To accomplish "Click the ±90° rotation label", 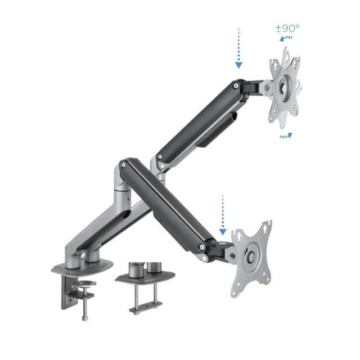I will click(x=287, y=28).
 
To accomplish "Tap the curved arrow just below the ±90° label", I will click(x=288, y=39).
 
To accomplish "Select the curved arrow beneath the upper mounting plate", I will click(x=286, y=136).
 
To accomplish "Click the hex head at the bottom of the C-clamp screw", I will click(x=85, y=318).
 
